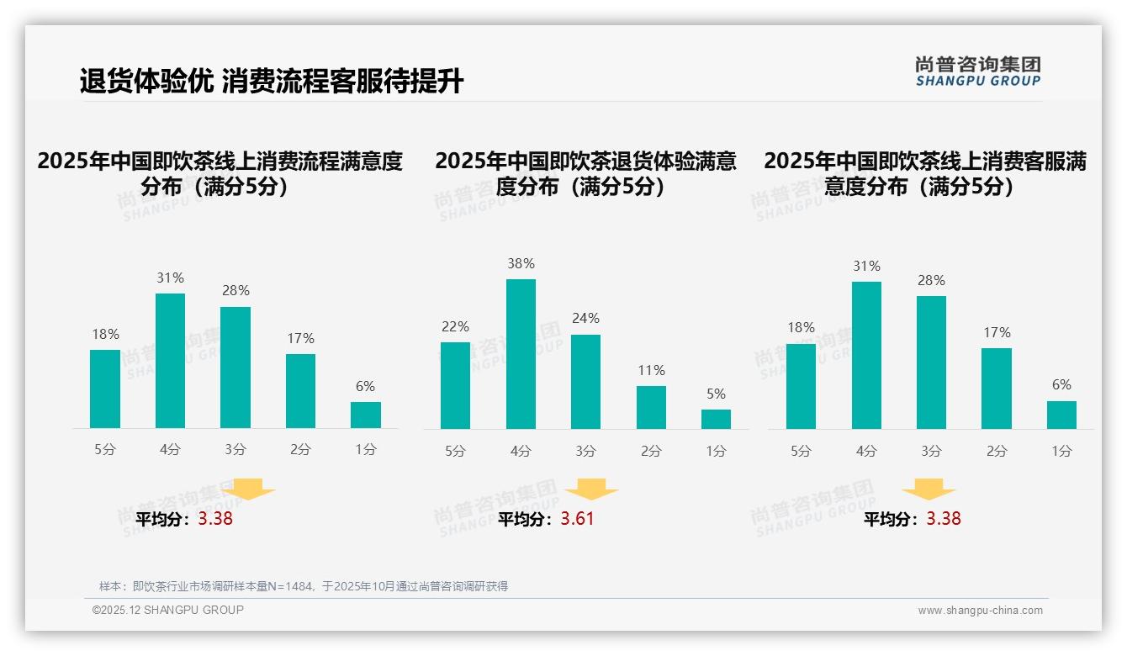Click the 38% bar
(521, 354)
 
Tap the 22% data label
(455, 326)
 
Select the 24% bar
(585, 382)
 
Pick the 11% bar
(651, 408)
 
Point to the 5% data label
(716, 394)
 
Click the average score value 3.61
(577, 519)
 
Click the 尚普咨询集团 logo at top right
(977, 71)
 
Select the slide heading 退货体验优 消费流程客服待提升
(272, 82)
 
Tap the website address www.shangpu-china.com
(980, 611)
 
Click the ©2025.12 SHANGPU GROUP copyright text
(168, 610)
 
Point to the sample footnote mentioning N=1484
(304, 586)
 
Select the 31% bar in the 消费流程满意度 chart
(170, 361)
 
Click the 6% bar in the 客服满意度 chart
(1061, 415)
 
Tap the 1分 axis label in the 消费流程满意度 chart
(366, 450)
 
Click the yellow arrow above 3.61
(591, 490)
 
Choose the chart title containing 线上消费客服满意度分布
(925, 173)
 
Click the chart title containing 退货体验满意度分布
(585, 173)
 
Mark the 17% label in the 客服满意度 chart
(997, 333)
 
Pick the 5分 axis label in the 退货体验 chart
(455, 452)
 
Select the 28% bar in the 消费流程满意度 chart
(235, 368)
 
